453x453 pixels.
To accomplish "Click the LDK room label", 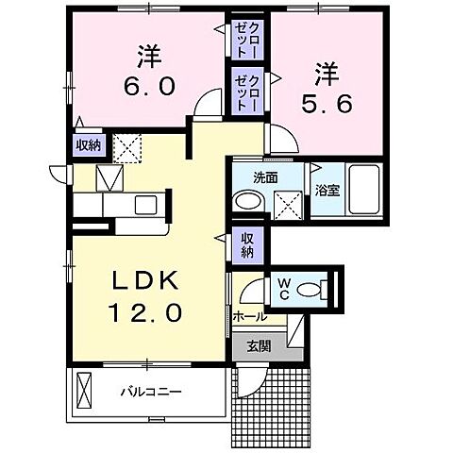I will tap(145, 281).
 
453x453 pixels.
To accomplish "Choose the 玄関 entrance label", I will tap(260, 346).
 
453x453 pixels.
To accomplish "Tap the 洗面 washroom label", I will tap(263, 176).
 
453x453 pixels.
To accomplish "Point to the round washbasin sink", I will tap(248, 200).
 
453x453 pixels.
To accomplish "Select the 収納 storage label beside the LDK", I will tap(247, 244).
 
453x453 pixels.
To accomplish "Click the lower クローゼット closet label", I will tap(248, 92).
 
